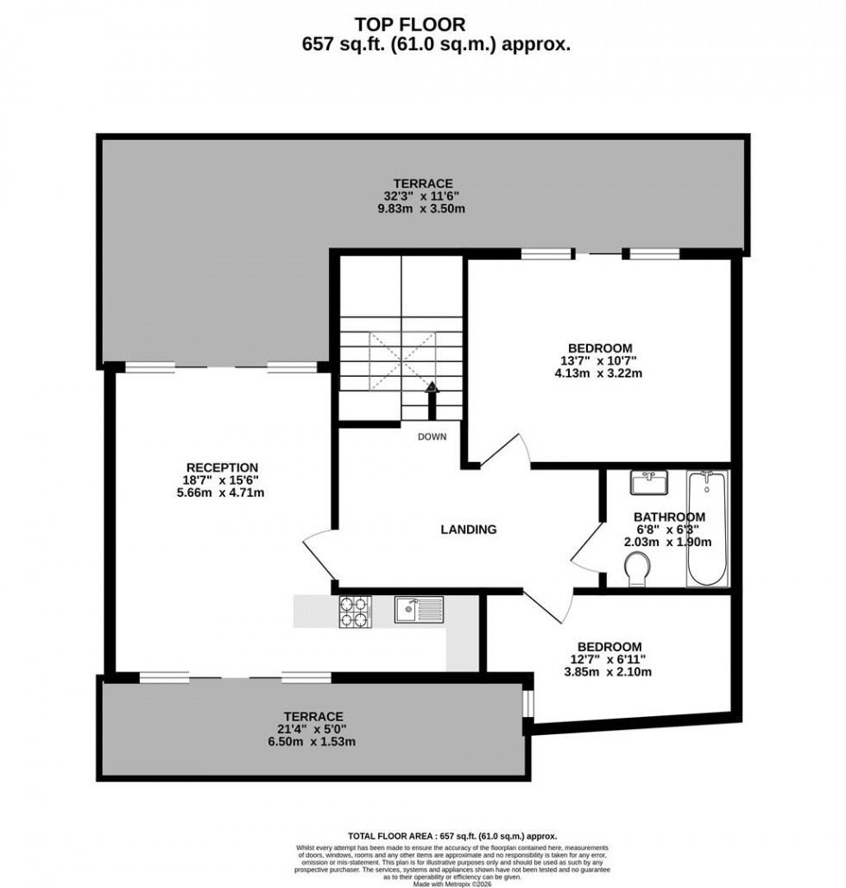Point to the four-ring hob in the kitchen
(355, 612)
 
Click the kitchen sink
(419, 609)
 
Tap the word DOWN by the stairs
(432, 436)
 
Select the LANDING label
(469, 530)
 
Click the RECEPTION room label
(223, 467)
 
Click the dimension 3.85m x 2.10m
(609, 672)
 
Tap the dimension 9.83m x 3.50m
(423, 208)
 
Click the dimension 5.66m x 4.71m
(223, 493)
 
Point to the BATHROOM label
(670, 517)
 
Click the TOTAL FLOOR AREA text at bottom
(451, 836)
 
